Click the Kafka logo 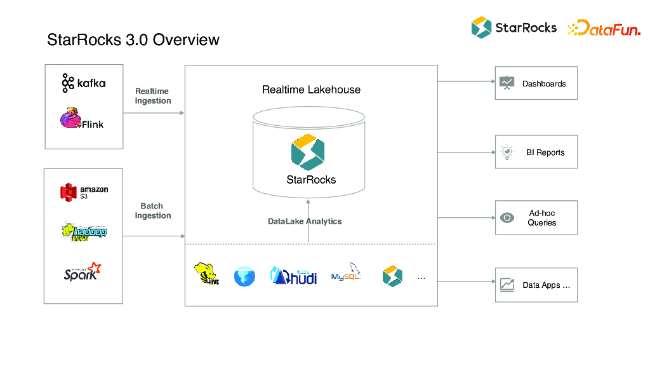tap(83, 83)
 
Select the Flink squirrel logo tap(81, 119)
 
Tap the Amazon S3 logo tap(84, 192)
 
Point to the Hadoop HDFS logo tap(84, 232)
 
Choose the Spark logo tap(83, 271)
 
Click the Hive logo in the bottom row tap(207, 274)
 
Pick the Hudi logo tap(294, 275)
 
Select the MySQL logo tap(346, 273)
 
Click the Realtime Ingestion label tap(153, 96)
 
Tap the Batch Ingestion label tap(153, 211)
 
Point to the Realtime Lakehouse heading tap(311, 90)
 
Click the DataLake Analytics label tap(305, 221)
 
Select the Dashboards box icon tap(507, 83)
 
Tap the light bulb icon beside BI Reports tap(507, 152)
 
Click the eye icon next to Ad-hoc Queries tap(507, 218)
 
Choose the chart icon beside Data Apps tap(507, 285)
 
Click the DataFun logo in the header tap(604, 28)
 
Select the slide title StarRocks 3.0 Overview tap(133, 40)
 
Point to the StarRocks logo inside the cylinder tap(308, 152)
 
